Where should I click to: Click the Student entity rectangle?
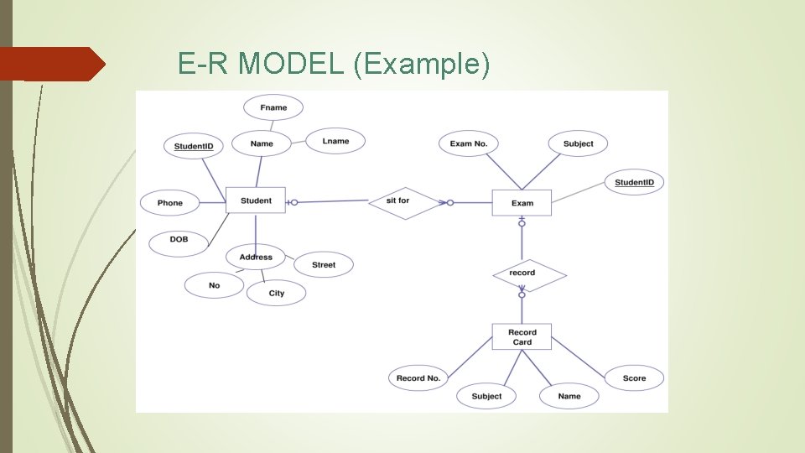pyautogui.click(x=256, y=200)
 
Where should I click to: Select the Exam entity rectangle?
pyautogui.click(x=522, y=203)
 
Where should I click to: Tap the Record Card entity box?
pyautogui.click(x=522, y=337)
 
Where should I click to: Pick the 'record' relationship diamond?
pyautogui.click(x=522, y=273)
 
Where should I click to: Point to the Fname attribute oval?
pyautogui.click(x=273, y=107)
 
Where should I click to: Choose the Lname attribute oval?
pyautogui.click(x=335, y=141)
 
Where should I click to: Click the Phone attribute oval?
pyautogui.click(x=170, y=203)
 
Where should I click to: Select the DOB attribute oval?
pyautogui.click(x=179, y=241)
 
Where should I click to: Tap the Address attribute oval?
pyautogui.click(x=256, y=258)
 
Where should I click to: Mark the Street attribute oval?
pyautogui.click(x=324, y=265)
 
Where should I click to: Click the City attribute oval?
pyautogui.click(x=277, y=293)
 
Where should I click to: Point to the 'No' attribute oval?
pyautogui.click(x=215, y=285)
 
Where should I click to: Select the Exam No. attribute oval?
pyautogui.click(x=469, y=143)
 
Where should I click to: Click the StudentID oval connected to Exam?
pyautogui.click(x=634, y=183)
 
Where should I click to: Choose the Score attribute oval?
pyautogui.click(x=634, y=378)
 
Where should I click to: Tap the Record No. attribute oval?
pyautogui.click(x=418, y=378)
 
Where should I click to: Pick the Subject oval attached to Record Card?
pyautogui.click(x=486, y=396)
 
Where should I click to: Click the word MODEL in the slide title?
pyautogui.click(x=292, y=63)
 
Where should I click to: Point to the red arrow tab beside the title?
pyautogui.click(x=50, y=64)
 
